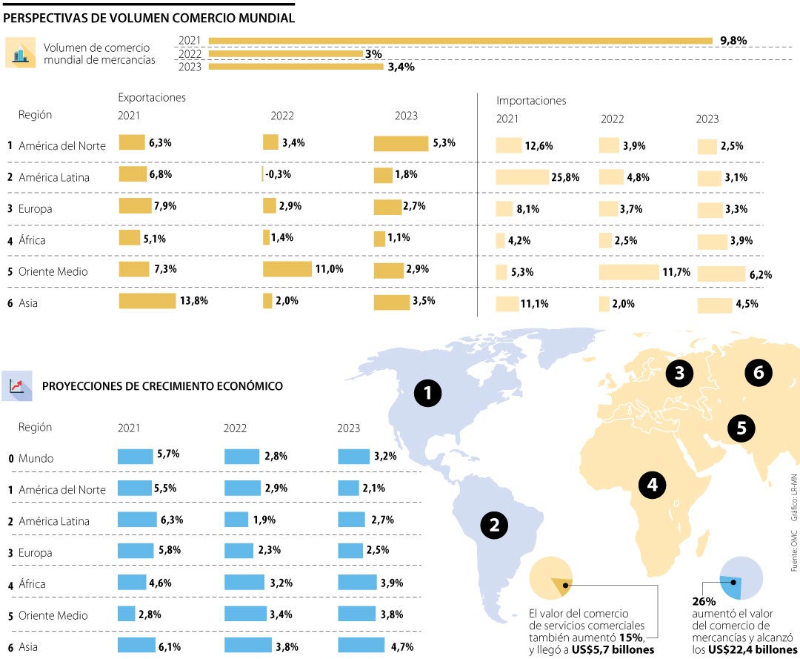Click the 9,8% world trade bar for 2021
click(460, 41)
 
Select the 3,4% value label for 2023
click(401, 67)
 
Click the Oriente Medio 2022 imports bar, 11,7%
click(628, 272)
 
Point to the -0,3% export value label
click(279, 175)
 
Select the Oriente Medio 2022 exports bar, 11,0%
click(287, 269)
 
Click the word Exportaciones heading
click(152, 98)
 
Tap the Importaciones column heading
click(531, 100)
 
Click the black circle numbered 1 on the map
click(427, 393)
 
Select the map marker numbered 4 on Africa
click(652, 485)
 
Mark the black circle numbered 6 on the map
click(758, 373)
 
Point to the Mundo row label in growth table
click(36, 459)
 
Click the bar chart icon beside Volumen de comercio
click(20, 53)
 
